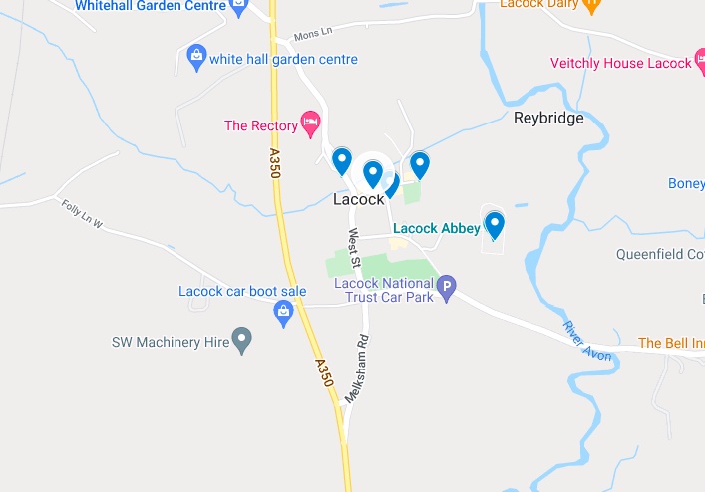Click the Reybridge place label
coord(548,119)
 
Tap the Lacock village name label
coord(358,199)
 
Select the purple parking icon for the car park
coord(448,288)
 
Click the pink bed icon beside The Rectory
coord(311,124)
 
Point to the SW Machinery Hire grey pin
coord(241,339)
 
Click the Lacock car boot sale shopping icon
coord(284,313)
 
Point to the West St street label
coord(353,245)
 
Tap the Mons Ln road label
coord(311,36)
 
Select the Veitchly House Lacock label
coord(620,63)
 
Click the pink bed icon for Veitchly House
coord(700,62)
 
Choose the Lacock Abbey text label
coord(437,228)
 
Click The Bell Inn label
coord(671,343)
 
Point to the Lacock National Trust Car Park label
coord(385,289)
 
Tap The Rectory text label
coord(261,125)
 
